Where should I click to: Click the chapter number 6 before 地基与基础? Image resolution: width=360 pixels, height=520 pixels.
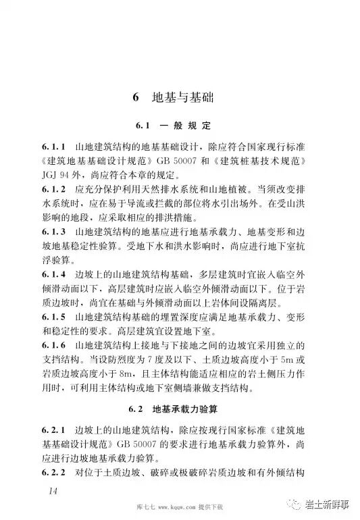pyautogui.click(x=136, y=98)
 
